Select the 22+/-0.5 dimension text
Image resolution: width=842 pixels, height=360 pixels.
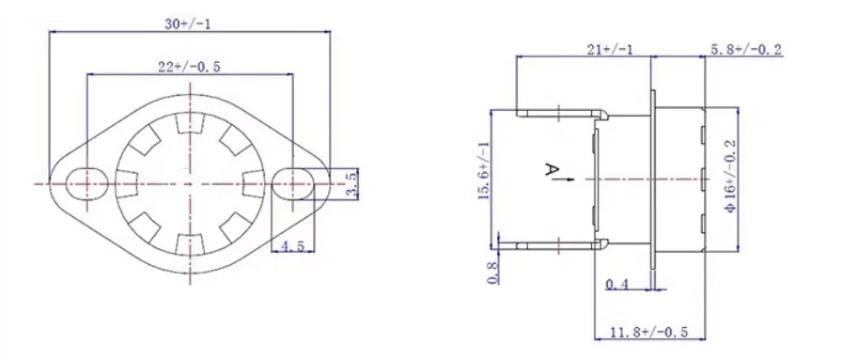click(x=190, y=67)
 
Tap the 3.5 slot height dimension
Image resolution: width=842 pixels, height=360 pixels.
click(x=351, y=184)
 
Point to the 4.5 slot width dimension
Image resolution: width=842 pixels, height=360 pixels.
click(x=292, y=246)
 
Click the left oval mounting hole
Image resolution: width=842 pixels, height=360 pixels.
click(x=86, y=184)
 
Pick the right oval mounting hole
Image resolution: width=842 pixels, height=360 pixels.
click(x=293, y=184)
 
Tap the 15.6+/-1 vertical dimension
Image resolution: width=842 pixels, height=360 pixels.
click(x=484, y=172)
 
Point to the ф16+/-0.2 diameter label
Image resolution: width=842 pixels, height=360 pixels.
click(x=729, y=176)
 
